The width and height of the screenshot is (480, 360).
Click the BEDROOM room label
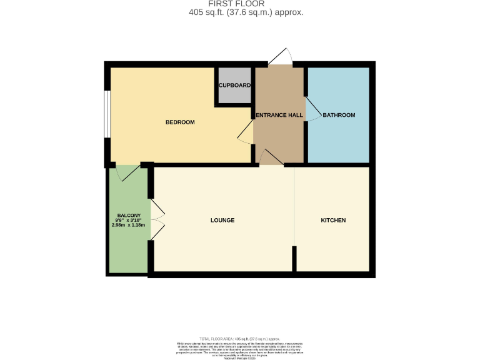coord(180,122)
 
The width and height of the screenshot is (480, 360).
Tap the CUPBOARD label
coord(234,86)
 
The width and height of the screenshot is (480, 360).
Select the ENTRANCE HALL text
coord(278,116)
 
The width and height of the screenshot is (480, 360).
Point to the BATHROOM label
coord(339,115)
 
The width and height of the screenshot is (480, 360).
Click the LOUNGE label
coord(222,221)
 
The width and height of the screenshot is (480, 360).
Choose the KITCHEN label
coord(333,221)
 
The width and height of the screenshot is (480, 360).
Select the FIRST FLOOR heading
coord(239,4)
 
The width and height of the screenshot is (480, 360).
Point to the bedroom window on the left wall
coord(107,114)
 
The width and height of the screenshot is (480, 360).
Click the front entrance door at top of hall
coord(279,57)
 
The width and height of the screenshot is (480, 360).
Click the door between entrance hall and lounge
coord(271,157)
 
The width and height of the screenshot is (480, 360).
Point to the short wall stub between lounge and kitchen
coord(294,257)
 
